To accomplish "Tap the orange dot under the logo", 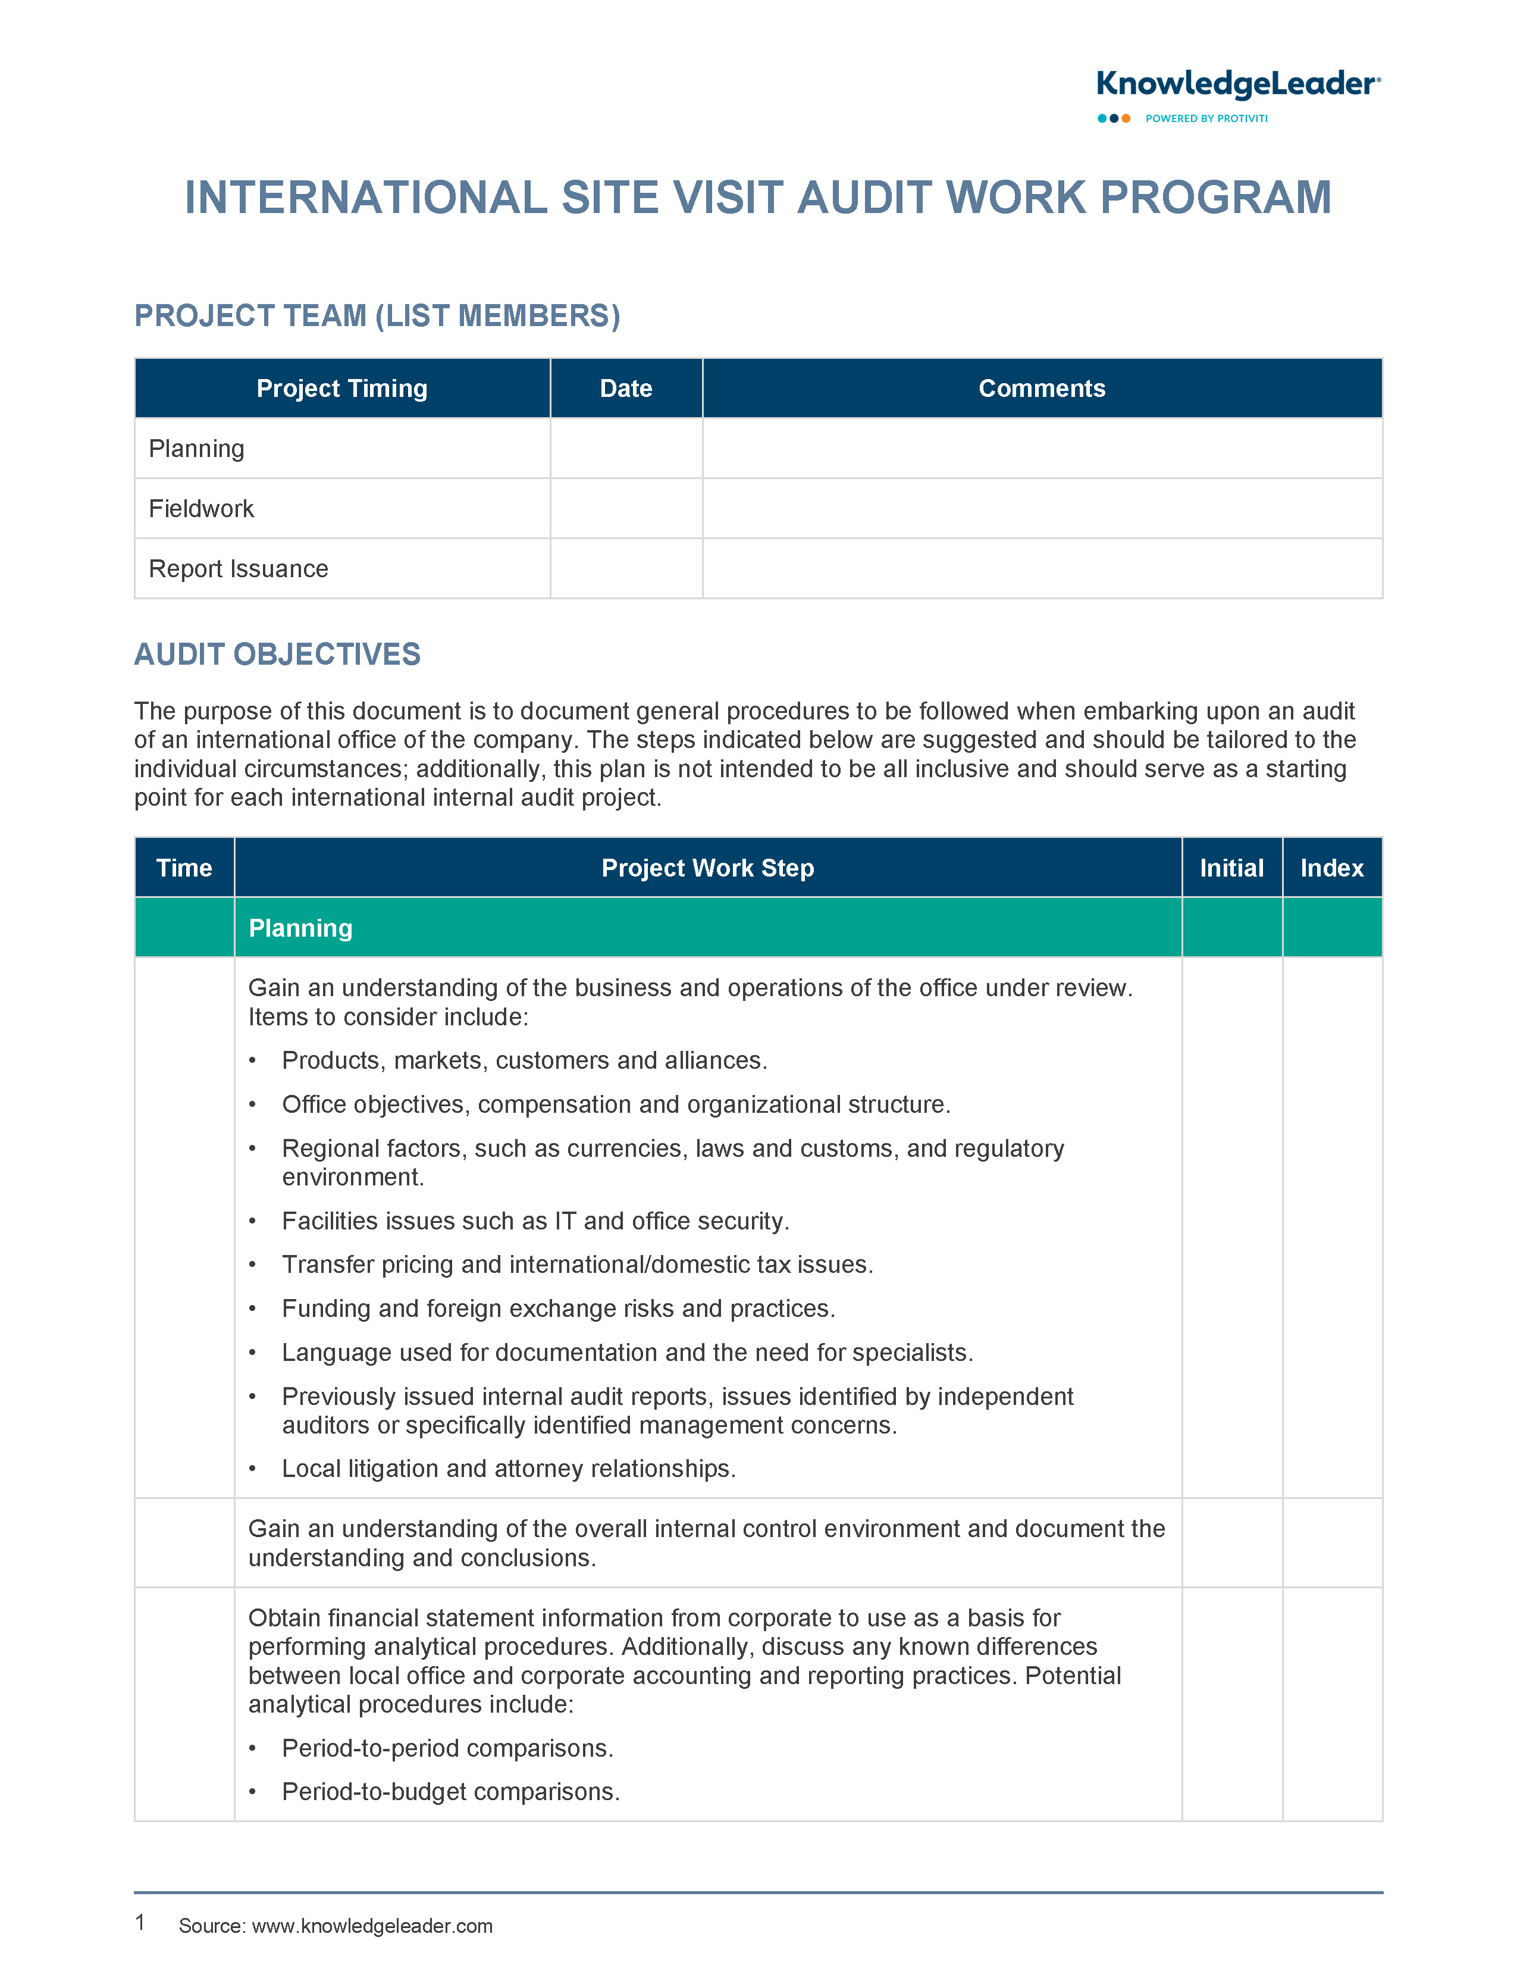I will pyautogui.click(x=1126, y=118).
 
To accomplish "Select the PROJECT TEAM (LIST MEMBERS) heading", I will pyautogui.click(x=377, y=316).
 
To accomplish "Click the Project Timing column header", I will pyautogui.click(x=341, y=389).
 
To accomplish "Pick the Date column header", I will pyautogui.click(x=626, y=389).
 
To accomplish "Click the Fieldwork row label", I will pyautogui.click(x=201, y=508).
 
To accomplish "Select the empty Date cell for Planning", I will pyautogui.click(x=626, y=449).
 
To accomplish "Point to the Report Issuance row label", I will pyautogui.click(x=239, y=569).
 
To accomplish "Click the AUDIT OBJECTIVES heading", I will pyautogui.click(x=277, y=655).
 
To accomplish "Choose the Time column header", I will pyautogui.click(x=184, y=868).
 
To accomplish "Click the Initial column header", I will pyautogui.click(x=1231, y=868).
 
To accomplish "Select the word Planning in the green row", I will pyautogui.click(x=300, y=928).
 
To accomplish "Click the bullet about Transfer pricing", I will pyautogui.click(x=577, y=1265).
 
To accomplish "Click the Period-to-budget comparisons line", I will pyautogui.click(x=450, y=1792).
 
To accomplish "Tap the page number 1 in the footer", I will pyautogui.click(x=140, y=1923).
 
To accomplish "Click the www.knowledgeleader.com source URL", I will pyautogui.click(x=372, y=1926).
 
